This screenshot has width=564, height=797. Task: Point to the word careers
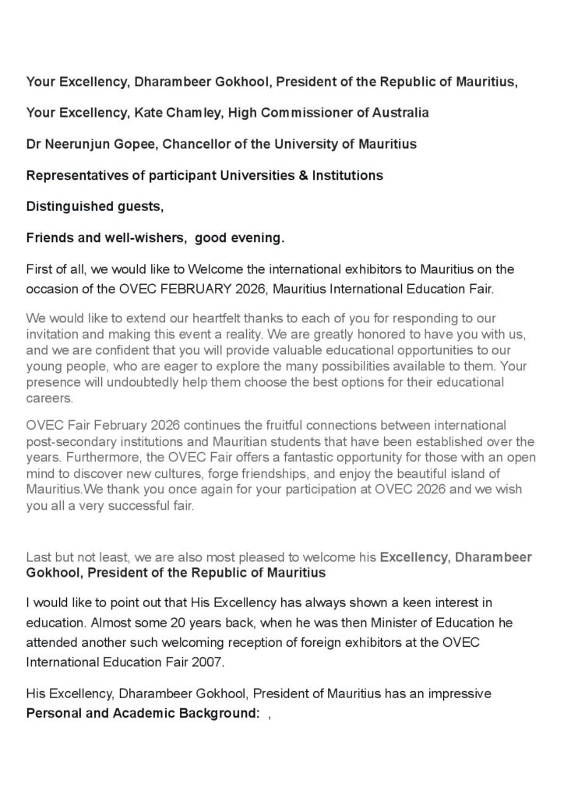48,398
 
